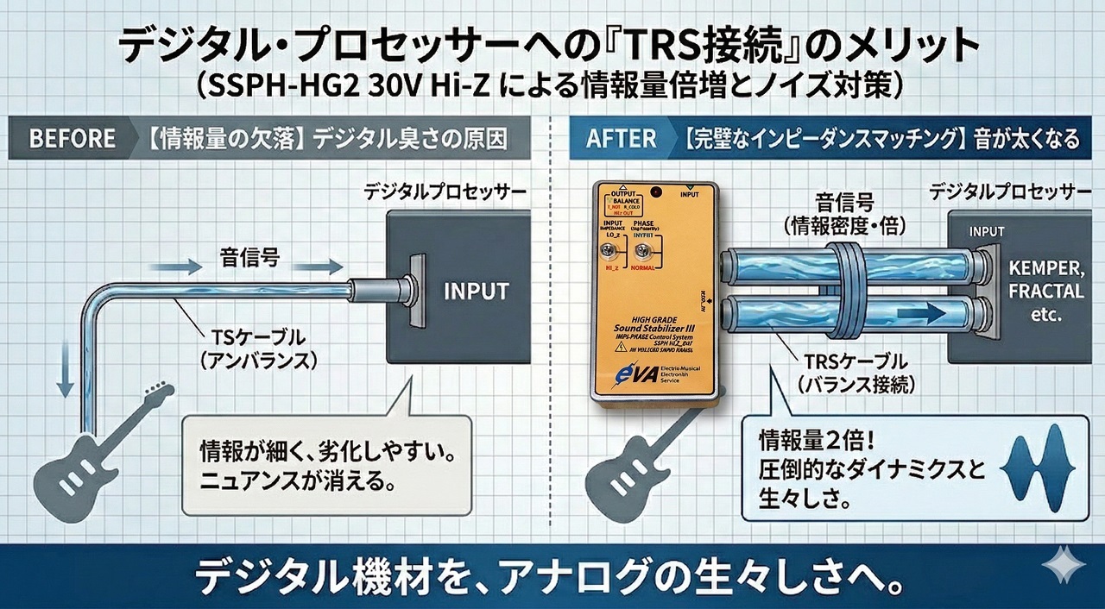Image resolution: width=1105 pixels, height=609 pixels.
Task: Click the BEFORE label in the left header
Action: tap(72, 139)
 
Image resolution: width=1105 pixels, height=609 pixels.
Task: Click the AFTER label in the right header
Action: tap(621, 139)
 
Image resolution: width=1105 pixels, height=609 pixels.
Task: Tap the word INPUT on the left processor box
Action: tap(476, 291)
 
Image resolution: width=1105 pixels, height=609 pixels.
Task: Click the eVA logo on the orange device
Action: tap(628, 375)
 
